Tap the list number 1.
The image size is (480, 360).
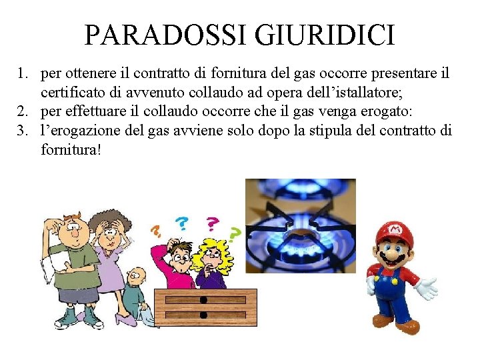[x=22, y=73]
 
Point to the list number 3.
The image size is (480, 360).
[x=22, y=130]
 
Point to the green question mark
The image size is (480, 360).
[x=235, y=233]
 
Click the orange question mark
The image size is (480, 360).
[x=156, y=231]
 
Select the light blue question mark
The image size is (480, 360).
[x=181, y=223]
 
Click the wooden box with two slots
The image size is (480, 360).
[x=205, y=307]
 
